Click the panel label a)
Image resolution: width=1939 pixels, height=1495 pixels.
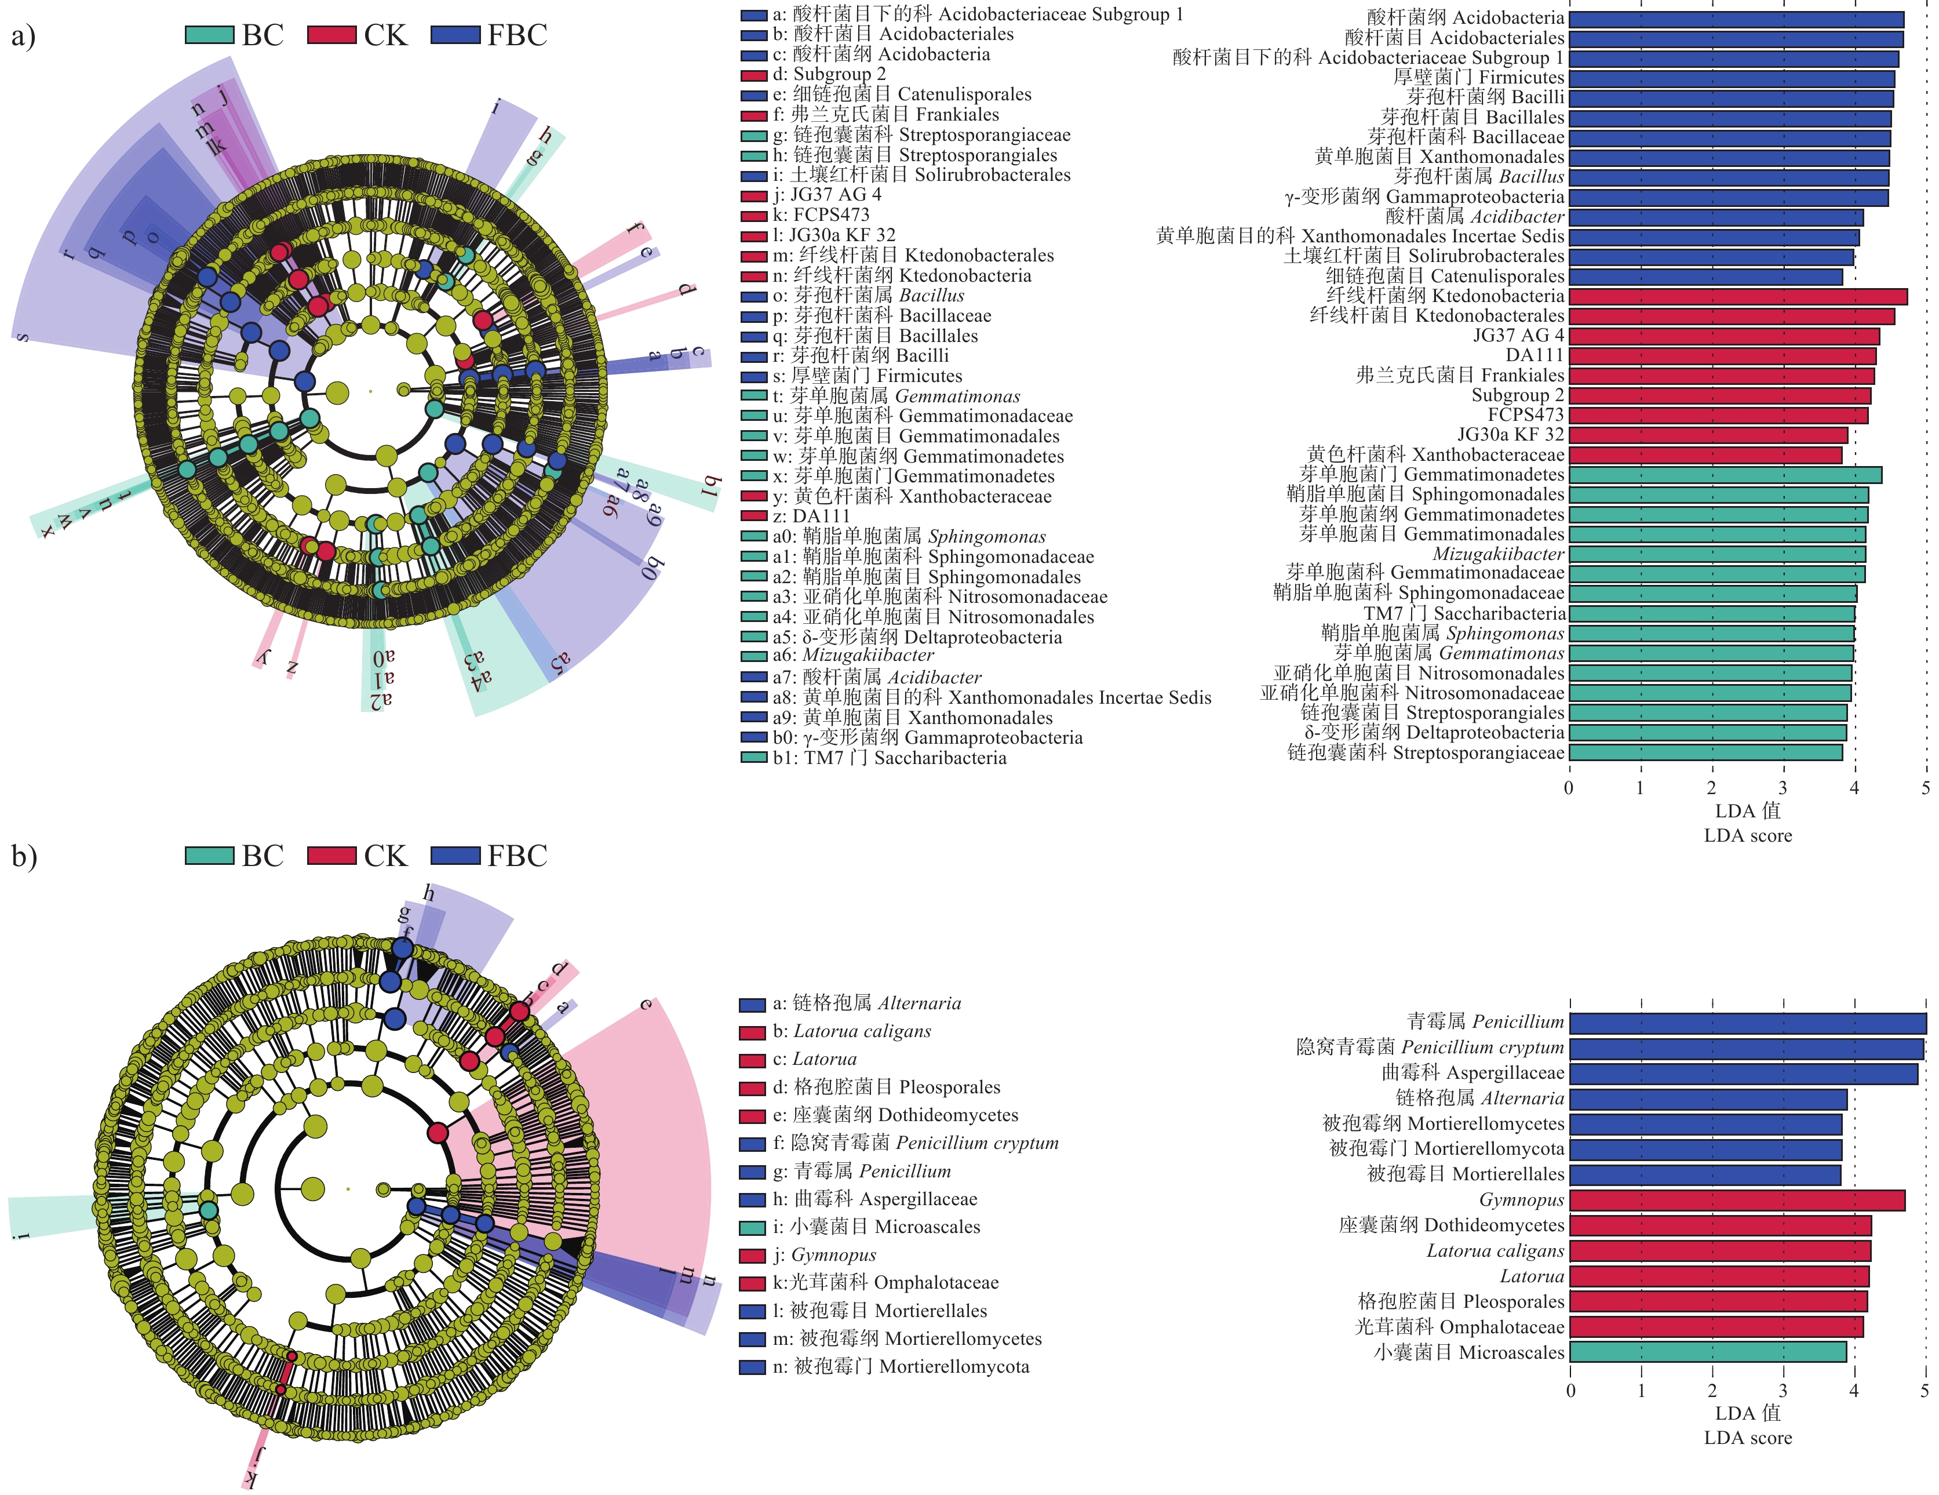[23, 37]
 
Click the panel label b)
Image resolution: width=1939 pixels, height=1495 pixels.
[23, 856]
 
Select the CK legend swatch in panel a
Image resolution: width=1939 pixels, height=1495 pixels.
[332, 35]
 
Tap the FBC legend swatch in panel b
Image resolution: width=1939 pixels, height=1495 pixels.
[455, 856]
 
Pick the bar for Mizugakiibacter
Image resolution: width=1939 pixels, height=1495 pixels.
[1716, 554]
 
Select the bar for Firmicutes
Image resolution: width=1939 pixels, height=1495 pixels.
[1732, 78]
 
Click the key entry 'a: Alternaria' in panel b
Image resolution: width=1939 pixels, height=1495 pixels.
[851, 1004]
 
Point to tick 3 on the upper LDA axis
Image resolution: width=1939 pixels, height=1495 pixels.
[1782, 788]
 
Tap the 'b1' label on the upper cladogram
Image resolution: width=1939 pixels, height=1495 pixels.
[710, 486]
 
